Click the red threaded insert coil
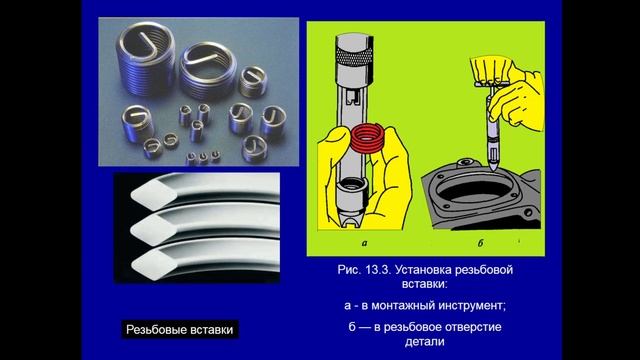[368, 138]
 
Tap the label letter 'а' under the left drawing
[364, 243]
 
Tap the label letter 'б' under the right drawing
[480, 243]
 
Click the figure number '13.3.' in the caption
[379, 270]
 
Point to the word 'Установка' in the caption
[423, 270]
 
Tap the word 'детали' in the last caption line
[424, 342]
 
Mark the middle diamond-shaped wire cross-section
[153, 230]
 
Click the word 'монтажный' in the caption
[400, 306]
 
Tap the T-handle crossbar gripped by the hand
[491, 84]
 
